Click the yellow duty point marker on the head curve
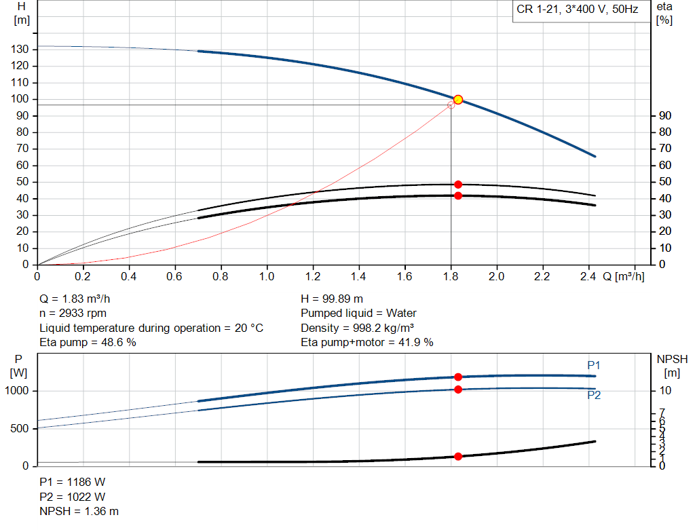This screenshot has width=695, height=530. pos(458,100)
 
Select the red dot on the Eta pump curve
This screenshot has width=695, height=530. pos(458,185)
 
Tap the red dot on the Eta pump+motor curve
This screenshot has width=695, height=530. pos(458,195)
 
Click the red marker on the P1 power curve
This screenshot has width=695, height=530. pos(458,377)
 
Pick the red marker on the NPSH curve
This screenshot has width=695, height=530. pos(458,457)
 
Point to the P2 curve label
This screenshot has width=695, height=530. pos(594,396)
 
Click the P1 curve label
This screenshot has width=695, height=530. pos(594,366)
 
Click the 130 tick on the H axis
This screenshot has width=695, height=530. pos(21,50)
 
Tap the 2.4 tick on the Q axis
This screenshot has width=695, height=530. pos(588,277)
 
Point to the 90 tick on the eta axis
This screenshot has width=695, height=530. pos(664,116)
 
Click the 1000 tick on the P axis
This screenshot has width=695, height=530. pos(17,392)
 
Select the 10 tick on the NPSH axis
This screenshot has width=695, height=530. pos(664,391)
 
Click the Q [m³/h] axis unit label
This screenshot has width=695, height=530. pos(622,277)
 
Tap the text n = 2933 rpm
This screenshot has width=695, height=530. pos(73,314)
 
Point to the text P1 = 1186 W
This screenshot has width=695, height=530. pos(73,482)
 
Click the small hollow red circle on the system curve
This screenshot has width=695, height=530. pos(451,105)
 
